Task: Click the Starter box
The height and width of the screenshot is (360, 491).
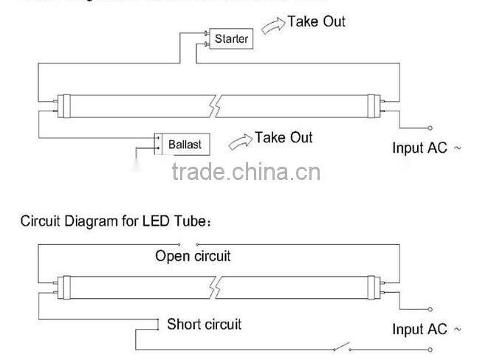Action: point(231,38)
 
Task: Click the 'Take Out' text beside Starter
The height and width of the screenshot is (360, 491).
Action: point(316,21)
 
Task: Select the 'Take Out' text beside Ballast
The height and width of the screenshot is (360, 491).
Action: point(284,137)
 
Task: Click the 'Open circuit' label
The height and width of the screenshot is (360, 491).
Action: point(193,256)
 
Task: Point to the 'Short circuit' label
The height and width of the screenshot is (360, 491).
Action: point(204,324)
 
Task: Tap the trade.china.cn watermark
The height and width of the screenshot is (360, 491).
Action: point(246,173)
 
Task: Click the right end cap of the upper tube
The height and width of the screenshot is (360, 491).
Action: point(377,105)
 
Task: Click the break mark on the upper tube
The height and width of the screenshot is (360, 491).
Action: point(215,105)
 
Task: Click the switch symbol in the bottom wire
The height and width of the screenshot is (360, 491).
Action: point(340,347)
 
